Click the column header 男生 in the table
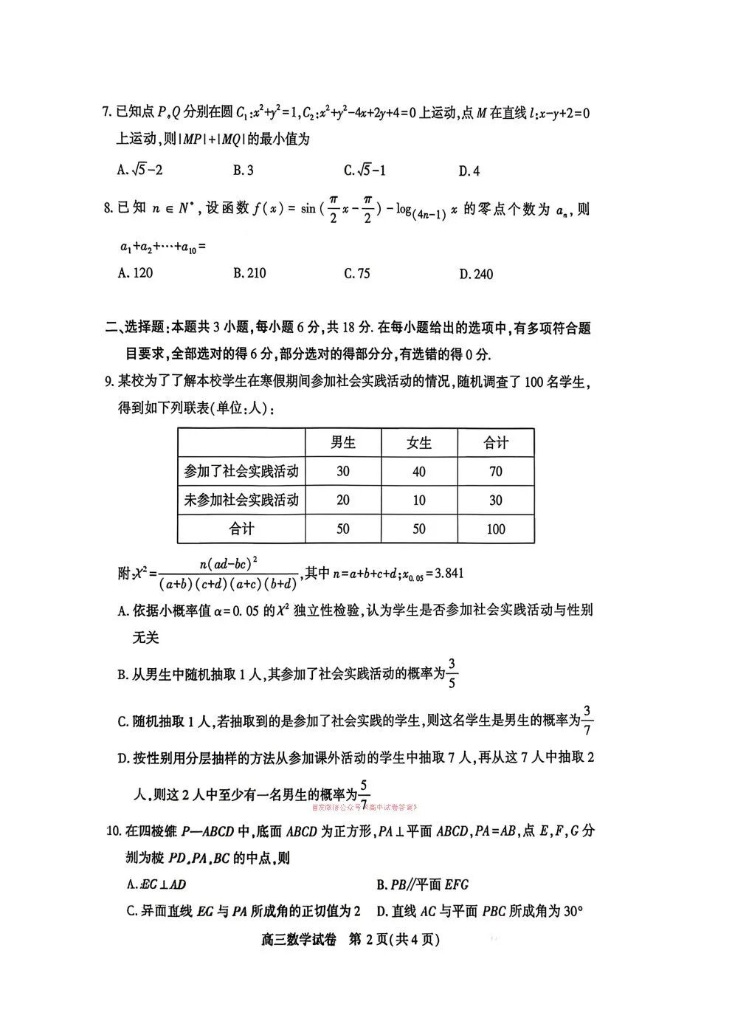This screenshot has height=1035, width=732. point(343,442)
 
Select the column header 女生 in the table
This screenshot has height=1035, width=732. point(419,442)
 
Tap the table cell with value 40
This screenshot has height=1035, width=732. point(419,471)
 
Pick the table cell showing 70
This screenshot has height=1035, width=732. point(496,471)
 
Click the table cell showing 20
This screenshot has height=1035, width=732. point(343,500)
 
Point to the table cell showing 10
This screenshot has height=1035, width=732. point(419,500)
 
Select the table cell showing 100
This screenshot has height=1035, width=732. point(496,529)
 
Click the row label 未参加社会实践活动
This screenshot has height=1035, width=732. point(241,500)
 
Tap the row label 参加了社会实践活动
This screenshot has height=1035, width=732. point(241,471)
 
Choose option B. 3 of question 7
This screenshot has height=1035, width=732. point(244,171)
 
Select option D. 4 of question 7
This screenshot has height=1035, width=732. point(469,171)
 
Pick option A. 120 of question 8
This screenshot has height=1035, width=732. point(136,273)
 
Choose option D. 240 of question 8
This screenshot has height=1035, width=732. point(476,275)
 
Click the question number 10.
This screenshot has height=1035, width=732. point(113,831)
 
